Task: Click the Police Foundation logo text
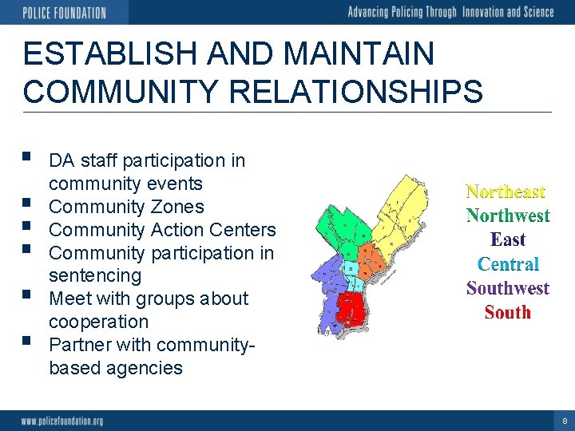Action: click(64, 12)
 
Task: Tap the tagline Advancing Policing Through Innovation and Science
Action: click(450, 12)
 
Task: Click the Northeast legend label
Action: click(506, 192)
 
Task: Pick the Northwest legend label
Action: click(508, 215)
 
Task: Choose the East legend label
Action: click(508, 239)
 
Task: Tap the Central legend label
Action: click(508, 264)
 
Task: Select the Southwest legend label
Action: click(508, 288)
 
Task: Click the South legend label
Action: click(508, 312)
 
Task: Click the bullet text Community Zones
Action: click(126, 207)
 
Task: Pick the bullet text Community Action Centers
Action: click(162, 230)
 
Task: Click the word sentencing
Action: click(95, 276)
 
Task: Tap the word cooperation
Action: click(99, 322)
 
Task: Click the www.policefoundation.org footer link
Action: click(62, 421)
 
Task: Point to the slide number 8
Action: click(565, 421)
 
